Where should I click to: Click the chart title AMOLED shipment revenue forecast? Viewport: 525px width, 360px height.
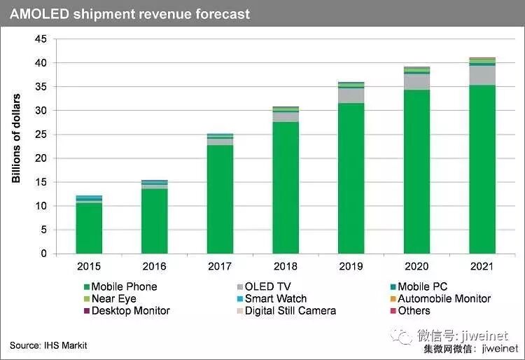(130, 14)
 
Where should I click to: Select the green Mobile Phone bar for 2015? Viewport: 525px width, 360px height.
(89, 228)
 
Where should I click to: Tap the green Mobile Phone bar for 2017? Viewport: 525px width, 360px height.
(220, 199)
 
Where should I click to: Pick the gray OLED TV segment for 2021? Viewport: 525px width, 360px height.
(482, 76)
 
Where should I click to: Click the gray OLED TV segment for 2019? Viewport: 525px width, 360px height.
(351, 95)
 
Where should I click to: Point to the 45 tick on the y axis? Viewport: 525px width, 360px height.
(41, 39)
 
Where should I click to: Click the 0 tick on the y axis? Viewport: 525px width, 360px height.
(44, 254)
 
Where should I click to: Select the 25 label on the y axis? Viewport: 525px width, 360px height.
(41, 134)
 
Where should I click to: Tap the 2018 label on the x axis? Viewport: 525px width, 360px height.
(286, 266)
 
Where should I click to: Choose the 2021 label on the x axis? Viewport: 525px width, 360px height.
(482, 266)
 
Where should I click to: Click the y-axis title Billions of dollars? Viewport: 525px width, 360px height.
(16, 138)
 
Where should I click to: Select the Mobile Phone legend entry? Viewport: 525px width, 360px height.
(120, 286)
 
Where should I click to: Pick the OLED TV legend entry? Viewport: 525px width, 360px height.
(264, 286)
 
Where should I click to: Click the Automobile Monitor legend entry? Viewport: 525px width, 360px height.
(440, 298)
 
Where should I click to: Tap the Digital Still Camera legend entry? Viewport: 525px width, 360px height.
(286, 310)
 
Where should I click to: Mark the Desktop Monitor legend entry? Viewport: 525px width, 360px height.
(127, 310)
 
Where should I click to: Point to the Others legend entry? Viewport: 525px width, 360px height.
(410, 310)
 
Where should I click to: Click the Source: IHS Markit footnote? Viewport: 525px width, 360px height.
(48, 345)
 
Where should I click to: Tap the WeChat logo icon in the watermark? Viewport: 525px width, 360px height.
(402, 336)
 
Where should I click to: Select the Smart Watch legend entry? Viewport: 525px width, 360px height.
(272, 298)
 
